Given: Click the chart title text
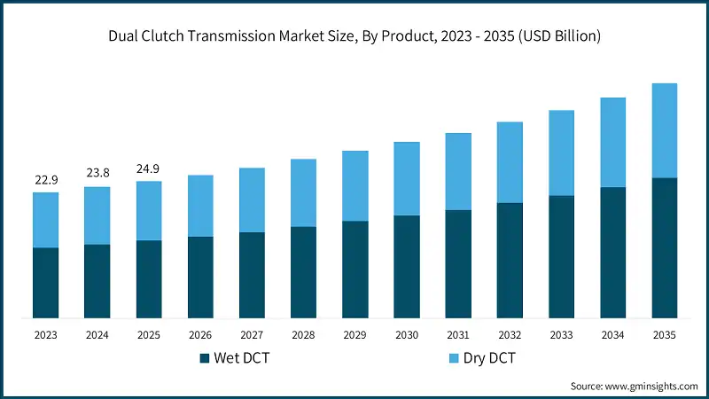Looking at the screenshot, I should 354,37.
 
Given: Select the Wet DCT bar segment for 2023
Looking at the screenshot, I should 46,282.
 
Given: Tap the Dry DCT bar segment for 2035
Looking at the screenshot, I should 665,130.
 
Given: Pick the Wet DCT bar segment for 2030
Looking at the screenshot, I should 407,266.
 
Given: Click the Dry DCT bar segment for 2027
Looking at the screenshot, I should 252,199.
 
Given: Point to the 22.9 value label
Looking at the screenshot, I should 46,181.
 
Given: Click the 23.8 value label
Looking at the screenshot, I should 97,175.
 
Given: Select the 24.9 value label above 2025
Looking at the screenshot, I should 149,169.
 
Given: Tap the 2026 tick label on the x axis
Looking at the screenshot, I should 200,335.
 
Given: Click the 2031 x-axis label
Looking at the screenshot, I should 458,335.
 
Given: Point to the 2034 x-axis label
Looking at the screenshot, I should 613,335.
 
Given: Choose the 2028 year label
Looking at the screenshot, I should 303,335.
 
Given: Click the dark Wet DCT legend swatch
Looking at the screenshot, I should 206,358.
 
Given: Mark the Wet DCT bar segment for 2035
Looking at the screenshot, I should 665,247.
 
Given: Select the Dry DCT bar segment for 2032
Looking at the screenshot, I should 510,162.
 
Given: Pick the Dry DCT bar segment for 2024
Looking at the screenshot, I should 97,215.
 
